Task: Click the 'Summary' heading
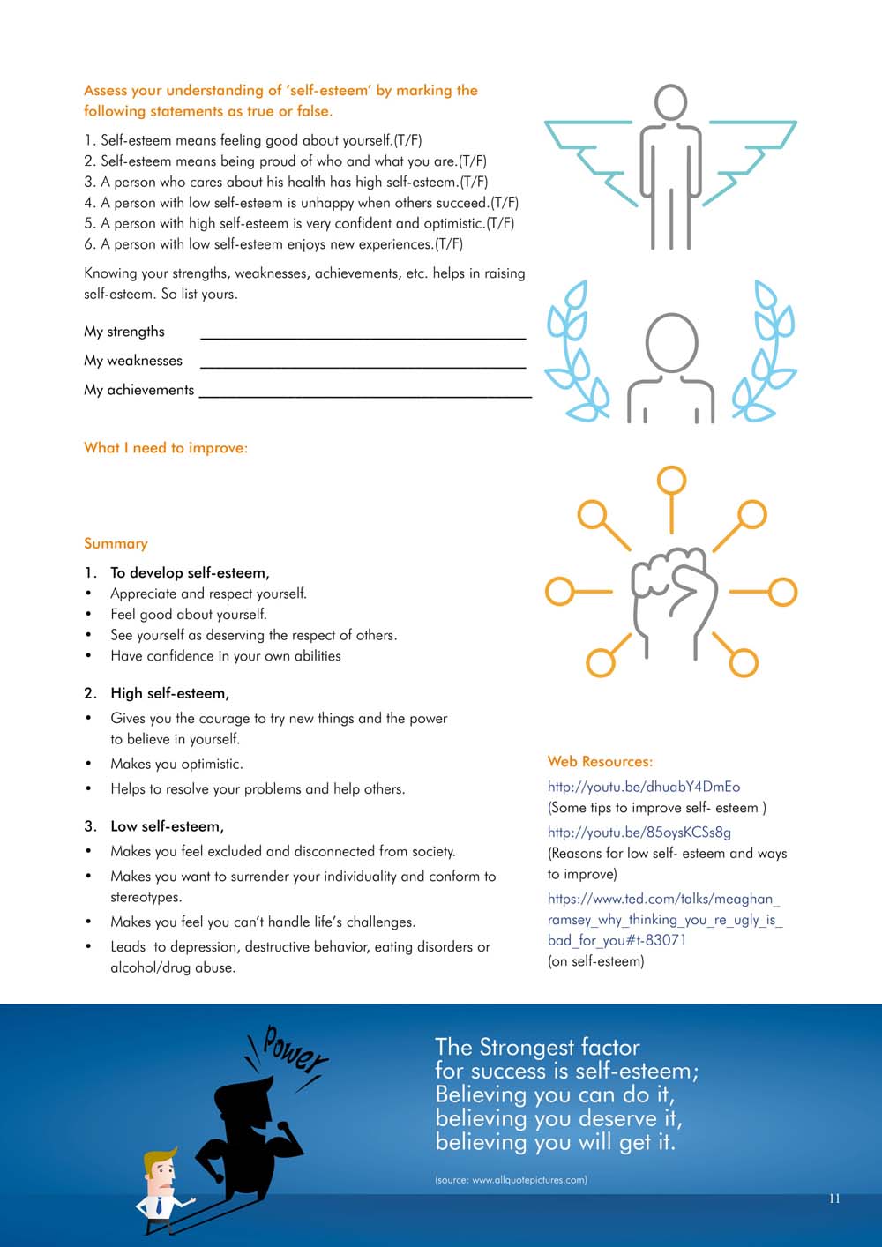(x=116, y=543)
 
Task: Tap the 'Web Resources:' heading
(x=600, y=761)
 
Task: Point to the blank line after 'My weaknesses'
(x=363, y=364)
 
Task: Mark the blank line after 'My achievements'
(x=365, y=394)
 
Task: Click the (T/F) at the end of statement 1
(x=407, y=140)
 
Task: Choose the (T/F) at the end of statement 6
(x=449, y=244)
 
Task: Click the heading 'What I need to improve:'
(x=166, y=448)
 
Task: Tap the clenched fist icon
(x=672, y=599)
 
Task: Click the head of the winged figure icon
(x=671, y=102)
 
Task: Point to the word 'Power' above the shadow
(x=294, y=1049)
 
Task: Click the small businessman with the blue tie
(x=161, y=1187)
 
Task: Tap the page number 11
(x=834, y=1198)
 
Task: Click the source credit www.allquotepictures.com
(x=511, y=1180)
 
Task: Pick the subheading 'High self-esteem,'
(x=169, y=693)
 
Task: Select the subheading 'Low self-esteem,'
(x=167, y=826)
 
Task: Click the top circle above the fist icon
(x=671, y=481)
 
